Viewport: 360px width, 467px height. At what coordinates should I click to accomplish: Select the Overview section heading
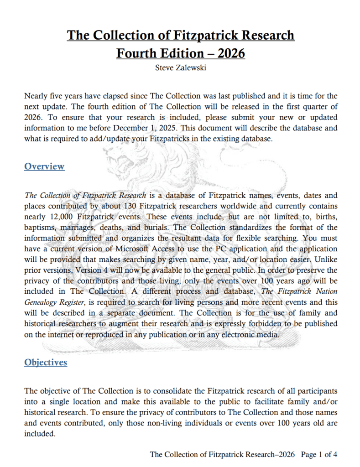pyautogui.click(x=44, y=166)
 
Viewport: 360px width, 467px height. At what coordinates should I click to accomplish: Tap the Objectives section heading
pyautogui.click(x=46, y=363)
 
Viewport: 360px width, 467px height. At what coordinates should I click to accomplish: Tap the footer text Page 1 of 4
pyautogui.click(x=319, y=454)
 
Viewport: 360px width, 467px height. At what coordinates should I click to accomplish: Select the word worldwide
pyautogui.click(x=241, y=206)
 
